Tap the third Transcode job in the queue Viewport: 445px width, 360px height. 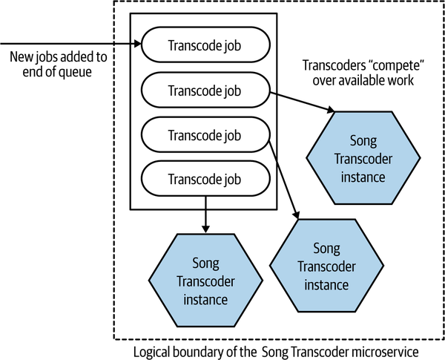click(205, 136)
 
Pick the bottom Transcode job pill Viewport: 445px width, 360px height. click(205, 179)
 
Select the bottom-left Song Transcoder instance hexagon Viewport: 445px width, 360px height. click(203, 281)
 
